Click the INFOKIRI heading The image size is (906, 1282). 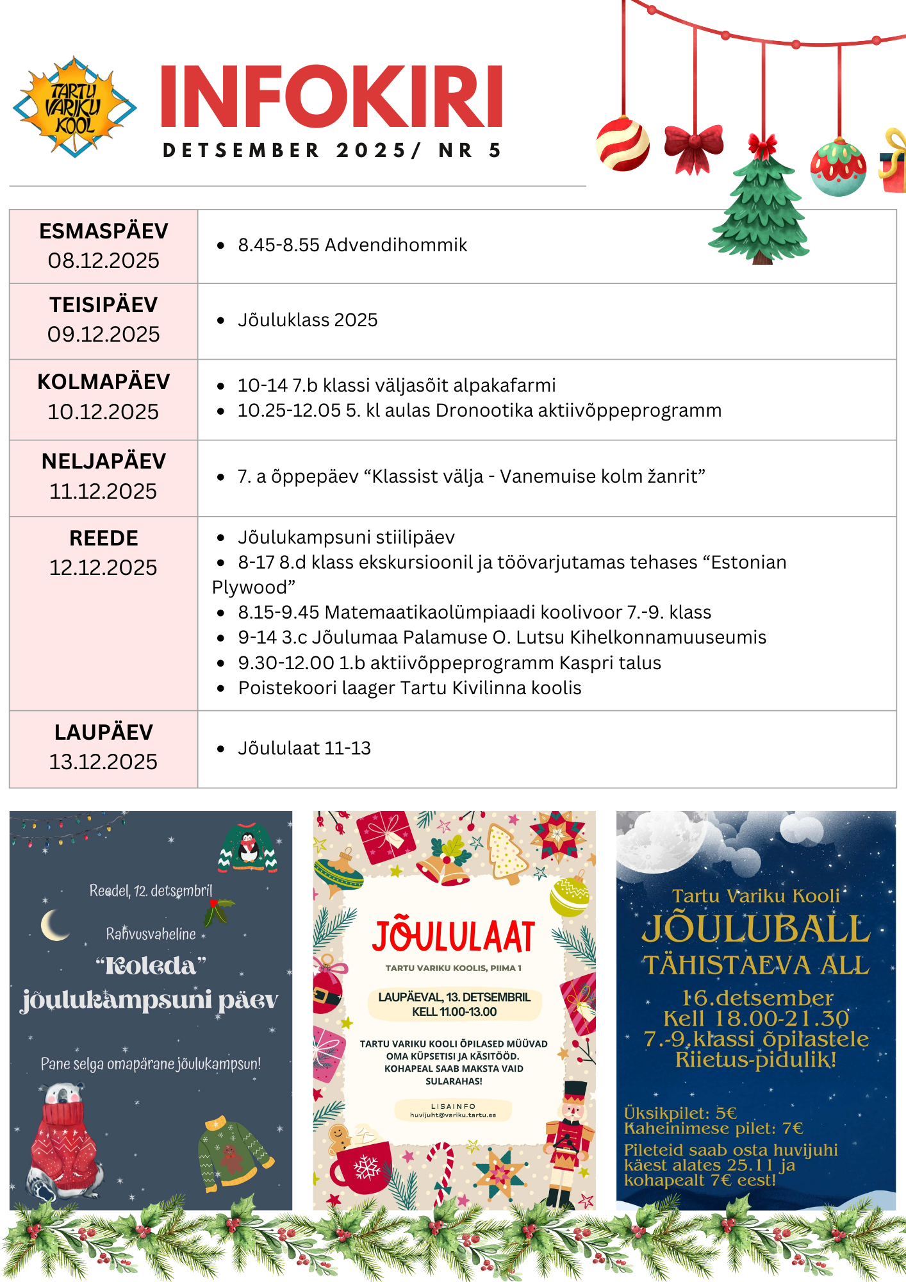pos(331,96)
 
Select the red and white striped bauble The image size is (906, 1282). pos(622,144)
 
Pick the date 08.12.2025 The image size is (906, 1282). pos(103,261)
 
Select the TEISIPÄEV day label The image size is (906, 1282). pos(103,305)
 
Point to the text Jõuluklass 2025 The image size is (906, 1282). pos(308,320)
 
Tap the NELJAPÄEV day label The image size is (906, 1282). pos(103,462)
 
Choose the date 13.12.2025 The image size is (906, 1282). pos(103,762)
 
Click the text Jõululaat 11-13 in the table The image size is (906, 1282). pos(304,748)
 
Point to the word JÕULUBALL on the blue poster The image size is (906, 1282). pos(756,929)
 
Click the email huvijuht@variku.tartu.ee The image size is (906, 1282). pos(453,1115)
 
